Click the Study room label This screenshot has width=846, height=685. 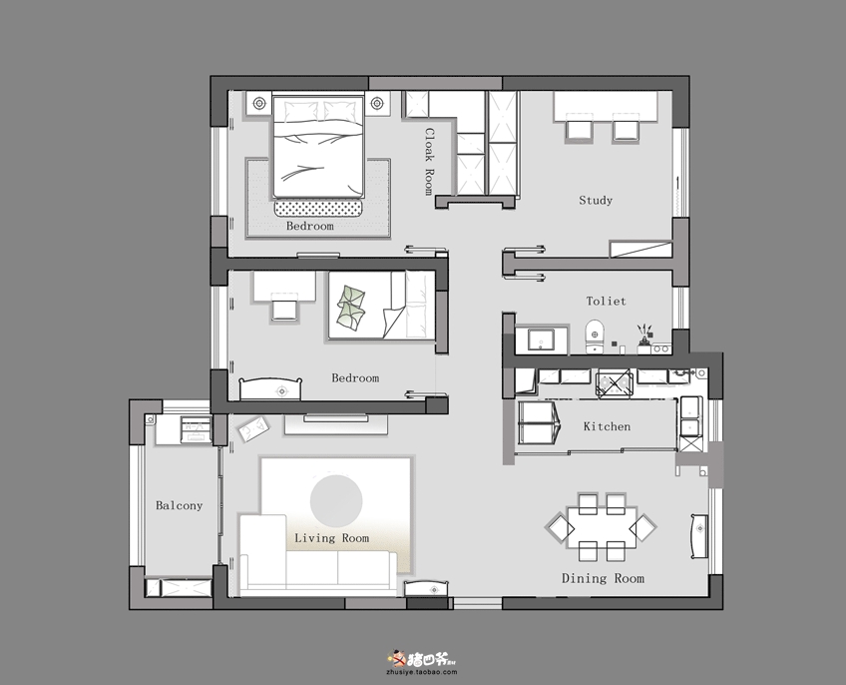[596, 201]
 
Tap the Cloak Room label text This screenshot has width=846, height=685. [429, 161]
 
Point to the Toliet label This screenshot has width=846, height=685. [606, 301]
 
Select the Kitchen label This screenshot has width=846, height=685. [607, 426]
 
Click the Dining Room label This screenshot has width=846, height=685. [603, 578]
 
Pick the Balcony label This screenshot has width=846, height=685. [180, 505]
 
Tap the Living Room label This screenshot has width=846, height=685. [332, 538]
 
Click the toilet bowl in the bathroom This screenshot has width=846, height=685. [595, 336]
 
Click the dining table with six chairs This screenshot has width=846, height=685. [602, 526]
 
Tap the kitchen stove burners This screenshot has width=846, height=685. [614, 383]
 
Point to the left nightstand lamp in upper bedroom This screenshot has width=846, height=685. [259, 102]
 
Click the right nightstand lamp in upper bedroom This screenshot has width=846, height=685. [376, 102]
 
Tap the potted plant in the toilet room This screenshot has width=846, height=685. [644, 335]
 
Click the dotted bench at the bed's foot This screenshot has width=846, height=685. [318, 209]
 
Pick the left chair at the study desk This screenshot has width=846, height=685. [579, 129]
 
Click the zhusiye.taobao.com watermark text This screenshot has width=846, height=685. [422, 672]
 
